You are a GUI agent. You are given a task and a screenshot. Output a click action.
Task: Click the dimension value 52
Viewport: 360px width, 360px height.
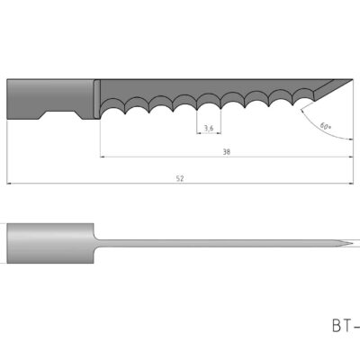tap(180, 178)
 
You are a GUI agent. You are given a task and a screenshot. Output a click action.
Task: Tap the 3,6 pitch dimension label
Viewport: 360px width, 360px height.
tap(209, 129)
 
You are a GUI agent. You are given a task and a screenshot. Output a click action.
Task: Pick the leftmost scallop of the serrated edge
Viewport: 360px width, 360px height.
tap(113, 108)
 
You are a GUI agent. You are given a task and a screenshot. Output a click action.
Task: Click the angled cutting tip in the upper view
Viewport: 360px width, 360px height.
tap(331, 86)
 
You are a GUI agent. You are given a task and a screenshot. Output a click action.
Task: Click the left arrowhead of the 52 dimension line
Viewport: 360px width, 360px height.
tap(10, 184)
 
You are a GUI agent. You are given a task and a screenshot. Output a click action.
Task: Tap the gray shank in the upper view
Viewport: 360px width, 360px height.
tap(49, 97)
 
